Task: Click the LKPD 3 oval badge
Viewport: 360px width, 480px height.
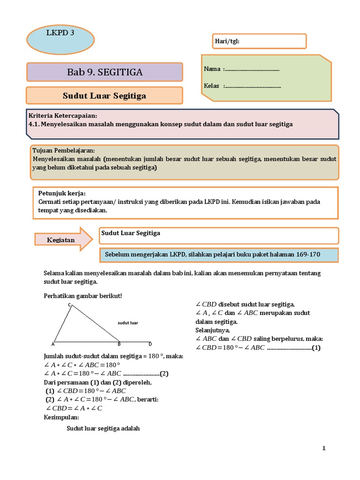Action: click(60, 39)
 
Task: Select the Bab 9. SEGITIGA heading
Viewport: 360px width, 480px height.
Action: click(105, 72)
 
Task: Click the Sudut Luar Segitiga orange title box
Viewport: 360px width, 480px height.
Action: click(105, 96)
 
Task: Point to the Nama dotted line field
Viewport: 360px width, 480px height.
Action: click(252, 69)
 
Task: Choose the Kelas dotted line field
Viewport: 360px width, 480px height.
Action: click(253, 86)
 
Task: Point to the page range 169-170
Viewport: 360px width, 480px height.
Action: click(308, 255)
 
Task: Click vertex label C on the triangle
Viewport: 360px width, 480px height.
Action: click(69, 305)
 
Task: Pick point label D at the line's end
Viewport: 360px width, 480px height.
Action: click(150, 344)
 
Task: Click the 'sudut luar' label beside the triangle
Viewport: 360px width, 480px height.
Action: click(127, 323)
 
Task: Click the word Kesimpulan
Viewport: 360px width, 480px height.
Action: click(61, 417)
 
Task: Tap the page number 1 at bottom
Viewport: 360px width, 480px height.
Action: click(323, 448)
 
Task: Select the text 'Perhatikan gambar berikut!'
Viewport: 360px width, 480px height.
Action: click(82, 296)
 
